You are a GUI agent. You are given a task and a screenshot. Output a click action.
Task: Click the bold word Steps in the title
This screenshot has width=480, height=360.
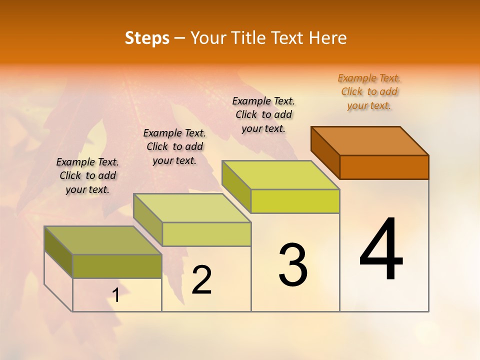point(147,38)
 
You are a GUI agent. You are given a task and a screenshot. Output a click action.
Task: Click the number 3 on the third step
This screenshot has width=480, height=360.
point(293,265)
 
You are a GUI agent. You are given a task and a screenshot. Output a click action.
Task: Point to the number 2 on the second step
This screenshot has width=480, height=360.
point(202,280)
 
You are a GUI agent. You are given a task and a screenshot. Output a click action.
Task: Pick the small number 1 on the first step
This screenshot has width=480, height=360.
point(116,295)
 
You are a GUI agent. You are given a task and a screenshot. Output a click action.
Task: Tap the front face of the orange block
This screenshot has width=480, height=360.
point(384,167)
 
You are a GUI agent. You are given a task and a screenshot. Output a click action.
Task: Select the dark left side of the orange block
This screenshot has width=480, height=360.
point(325,152)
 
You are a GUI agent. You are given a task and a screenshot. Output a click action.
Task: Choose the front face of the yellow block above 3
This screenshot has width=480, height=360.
point(295,201)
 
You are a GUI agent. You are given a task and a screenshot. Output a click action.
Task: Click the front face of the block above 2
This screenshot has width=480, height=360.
point(206,234)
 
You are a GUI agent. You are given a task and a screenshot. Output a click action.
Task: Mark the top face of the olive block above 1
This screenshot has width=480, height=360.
point(103,240)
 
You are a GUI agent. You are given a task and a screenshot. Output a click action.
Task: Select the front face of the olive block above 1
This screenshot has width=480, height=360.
point(117,266)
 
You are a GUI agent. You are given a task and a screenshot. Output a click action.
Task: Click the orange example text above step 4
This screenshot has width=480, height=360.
point(369,91)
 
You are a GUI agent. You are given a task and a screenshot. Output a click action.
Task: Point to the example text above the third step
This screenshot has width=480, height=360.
point(263,114)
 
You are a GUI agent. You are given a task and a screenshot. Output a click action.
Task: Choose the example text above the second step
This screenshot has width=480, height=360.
point(174,146)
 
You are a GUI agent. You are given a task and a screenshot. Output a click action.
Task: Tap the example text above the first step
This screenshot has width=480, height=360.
point(87,175)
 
